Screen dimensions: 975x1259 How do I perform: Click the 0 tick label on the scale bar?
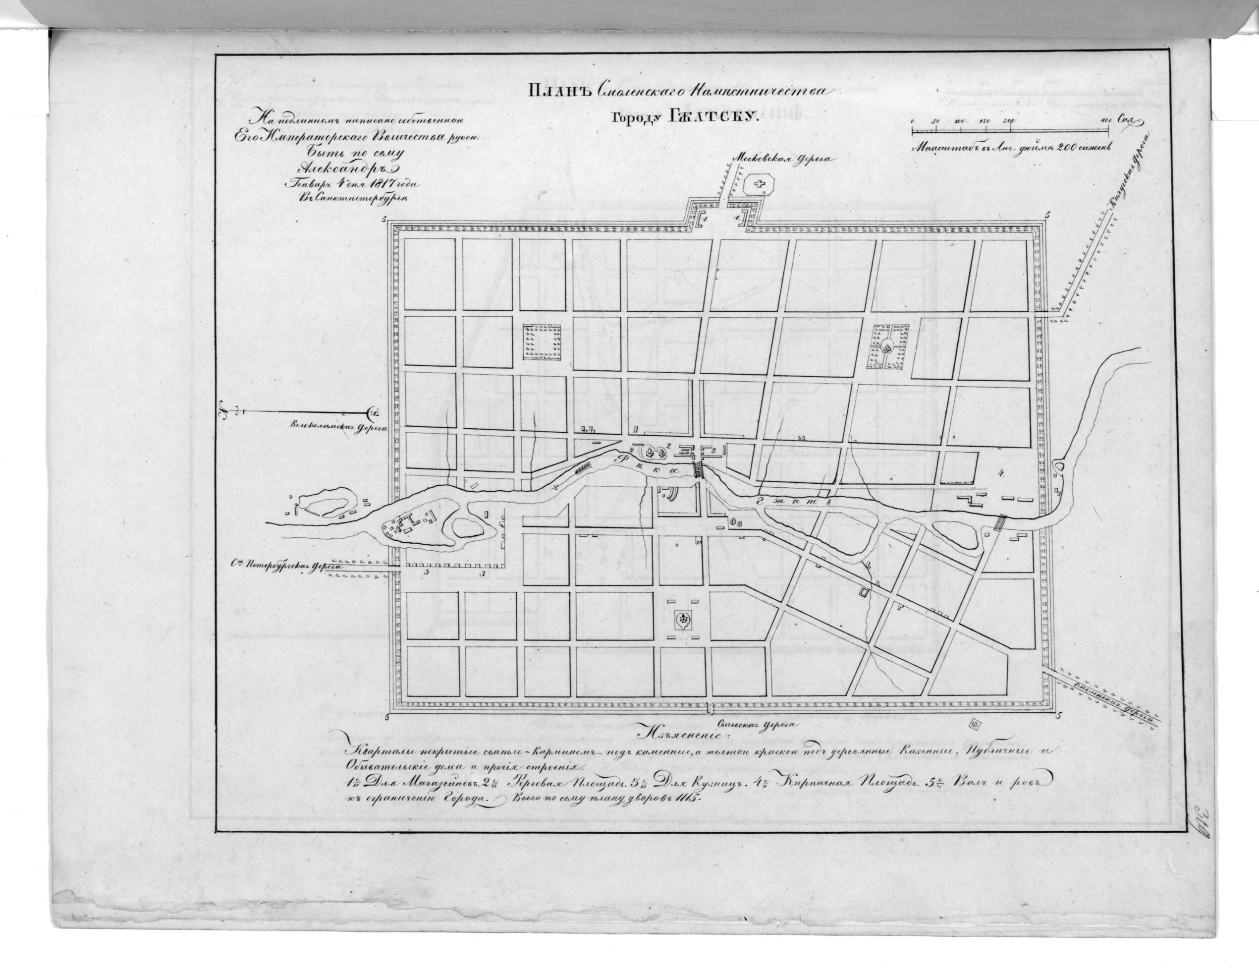pyautogui.click(x=913, y=121)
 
